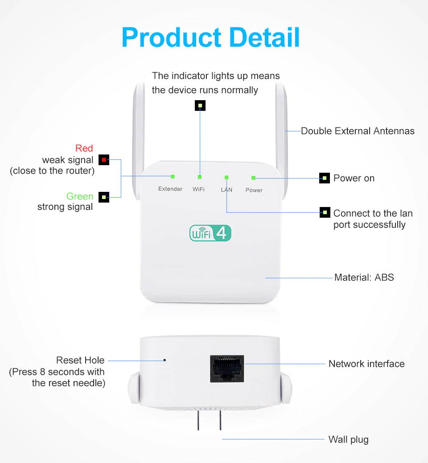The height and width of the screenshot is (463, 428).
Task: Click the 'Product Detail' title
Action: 210,37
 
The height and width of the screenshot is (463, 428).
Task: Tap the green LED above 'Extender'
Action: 173,176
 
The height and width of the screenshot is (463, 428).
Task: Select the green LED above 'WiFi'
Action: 200,177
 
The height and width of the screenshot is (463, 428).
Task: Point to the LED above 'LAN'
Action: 226,177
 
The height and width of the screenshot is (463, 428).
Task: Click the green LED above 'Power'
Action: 253,178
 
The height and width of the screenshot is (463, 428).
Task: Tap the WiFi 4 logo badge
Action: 210,233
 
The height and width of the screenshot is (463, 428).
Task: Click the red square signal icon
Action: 104,159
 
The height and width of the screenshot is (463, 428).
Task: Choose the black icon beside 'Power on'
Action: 325,178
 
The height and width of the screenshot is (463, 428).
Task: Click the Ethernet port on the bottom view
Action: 227,368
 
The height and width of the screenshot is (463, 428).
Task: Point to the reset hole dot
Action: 165,360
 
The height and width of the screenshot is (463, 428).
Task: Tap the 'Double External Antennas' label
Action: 358,131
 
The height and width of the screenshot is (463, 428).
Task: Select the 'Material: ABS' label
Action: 364,277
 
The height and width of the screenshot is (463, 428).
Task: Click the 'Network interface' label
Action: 366,364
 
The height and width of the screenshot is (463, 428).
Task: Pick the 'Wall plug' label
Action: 348,440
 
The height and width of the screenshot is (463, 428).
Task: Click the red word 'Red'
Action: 84,148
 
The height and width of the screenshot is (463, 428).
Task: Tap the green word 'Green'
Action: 80,196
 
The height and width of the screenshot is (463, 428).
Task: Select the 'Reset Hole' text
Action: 80,360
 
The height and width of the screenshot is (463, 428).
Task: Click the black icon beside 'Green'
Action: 104,197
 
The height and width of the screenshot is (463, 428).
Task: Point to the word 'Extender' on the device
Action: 170,189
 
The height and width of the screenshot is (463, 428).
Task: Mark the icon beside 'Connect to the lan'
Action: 325,213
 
